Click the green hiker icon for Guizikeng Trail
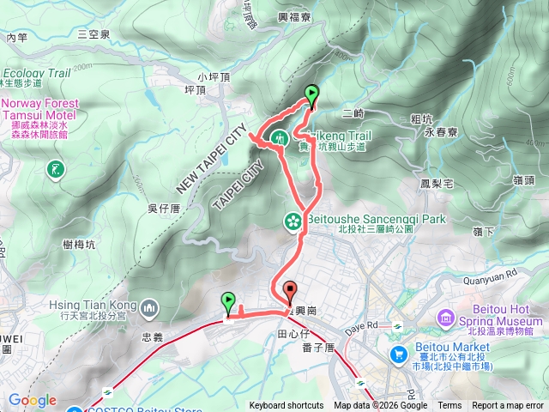280,137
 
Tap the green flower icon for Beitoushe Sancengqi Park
293,221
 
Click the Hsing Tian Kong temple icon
150,307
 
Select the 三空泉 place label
94,34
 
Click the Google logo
32,400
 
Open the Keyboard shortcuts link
287,406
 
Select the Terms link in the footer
449,406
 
